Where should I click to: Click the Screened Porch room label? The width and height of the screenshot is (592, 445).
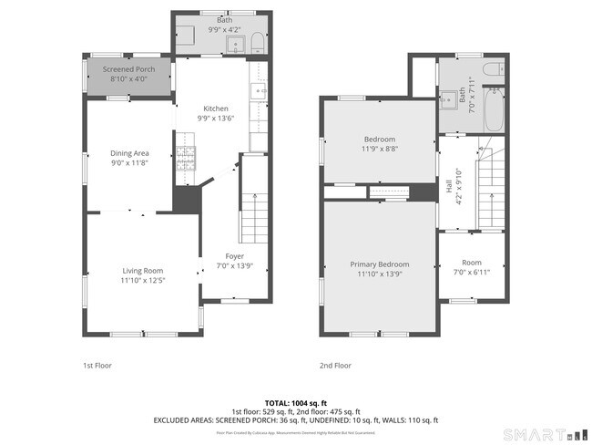point(128,69)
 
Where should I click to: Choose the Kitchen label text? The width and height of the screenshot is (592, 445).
point(216,108)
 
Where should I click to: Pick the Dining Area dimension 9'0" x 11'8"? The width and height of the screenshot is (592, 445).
point(129,164)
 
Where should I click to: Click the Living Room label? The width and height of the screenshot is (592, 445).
point(143,270)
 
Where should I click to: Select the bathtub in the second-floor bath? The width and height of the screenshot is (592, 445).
point(495,109)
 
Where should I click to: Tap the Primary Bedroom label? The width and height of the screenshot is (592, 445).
point(380,264)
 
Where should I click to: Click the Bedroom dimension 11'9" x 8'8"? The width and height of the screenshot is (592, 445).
point(380,149)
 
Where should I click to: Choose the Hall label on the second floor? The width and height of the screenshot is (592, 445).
point(449,185)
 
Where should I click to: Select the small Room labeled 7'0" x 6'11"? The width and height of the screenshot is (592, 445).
point(472,267)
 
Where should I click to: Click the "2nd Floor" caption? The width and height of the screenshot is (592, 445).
point(335,366)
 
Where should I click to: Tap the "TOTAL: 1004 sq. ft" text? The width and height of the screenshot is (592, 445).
point(295,402)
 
